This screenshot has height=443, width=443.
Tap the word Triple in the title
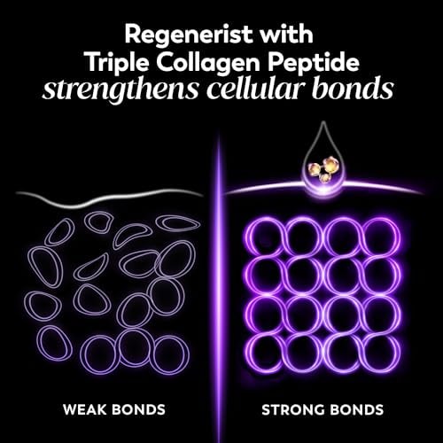119,63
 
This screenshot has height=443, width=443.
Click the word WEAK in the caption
85,409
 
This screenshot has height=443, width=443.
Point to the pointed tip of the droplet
323,121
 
